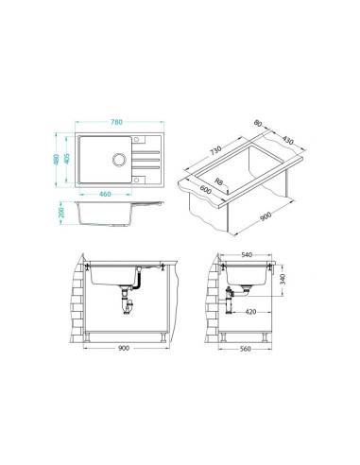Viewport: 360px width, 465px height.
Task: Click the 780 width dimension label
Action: coord(116,122)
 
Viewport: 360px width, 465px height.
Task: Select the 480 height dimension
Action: coord(57,160)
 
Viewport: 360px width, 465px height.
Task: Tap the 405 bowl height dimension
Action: coord(66,159)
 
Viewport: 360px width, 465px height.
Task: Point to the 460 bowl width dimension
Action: coord(105,194)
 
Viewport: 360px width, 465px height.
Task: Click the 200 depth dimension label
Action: coord(61,213)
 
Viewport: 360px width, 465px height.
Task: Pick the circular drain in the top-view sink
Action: coord(119,160)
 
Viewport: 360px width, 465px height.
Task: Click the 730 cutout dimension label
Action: coord(215,150)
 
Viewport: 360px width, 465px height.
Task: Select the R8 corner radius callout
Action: coord(218,181)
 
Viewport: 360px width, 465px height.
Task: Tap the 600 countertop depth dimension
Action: coord(205,189)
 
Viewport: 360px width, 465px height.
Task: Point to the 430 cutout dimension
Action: coord(287,140)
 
